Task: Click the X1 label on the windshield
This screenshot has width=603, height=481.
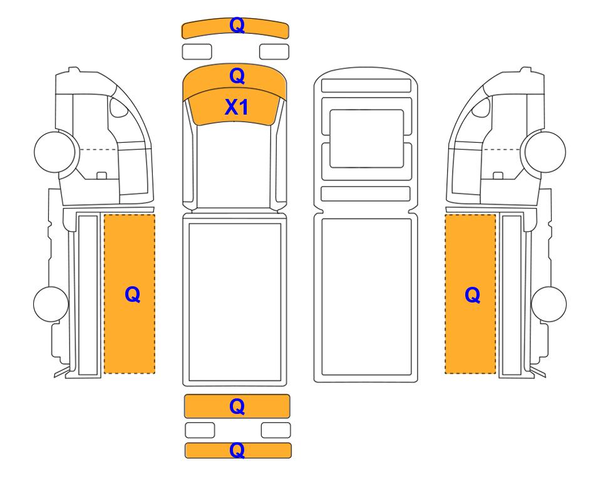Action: tap(236, 107)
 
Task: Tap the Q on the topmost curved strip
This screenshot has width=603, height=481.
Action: tap(237, 26)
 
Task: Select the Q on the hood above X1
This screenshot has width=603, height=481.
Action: tap(237, 76)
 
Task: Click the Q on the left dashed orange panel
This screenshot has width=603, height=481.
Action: tap(132, 295)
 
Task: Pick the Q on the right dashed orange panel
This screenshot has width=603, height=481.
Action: tap(473, 295)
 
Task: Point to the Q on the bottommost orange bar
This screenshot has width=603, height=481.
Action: tap(237, 450)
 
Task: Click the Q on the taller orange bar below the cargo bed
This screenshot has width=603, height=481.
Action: tap(237, 406)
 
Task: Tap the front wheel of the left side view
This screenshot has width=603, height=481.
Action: tap(54, 151)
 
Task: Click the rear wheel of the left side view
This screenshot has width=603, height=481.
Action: tap(51, 304)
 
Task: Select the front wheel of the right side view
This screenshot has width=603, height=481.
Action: tap(545, 152)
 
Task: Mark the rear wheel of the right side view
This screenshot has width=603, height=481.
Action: tap(549, 304)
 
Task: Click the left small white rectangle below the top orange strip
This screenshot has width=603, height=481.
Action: tap(197, 51)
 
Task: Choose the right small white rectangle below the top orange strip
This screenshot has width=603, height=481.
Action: tap(274, 51)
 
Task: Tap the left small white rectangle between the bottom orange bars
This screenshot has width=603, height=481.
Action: tap(200, 430)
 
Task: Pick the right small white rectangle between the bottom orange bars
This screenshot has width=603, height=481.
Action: tap(276, 430)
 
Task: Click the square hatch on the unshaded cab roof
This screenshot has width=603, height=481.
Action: tap(366, 138)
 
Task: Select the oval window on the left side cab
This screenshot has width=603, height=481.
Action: tap(118, 108)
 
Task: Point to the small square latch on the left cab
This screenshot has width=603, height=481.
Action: tap(101, 175)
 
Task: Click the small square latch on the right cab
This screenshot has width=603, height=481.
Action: tap(498, 175)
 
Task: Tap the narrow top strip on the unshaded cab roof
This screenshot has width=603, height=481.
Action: tap(366, 85)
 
